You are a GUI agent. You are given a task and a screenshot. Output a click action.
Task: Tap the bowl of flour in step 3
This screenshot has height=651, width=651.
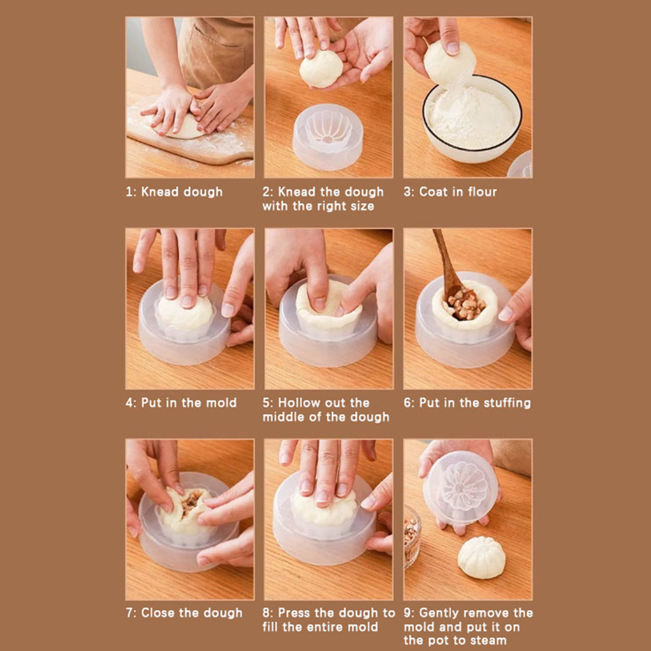(x=472, y=119)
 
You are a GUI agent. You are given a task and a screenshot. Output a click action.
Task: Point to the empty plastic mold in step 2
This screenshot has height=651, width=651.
(x=328, y=137)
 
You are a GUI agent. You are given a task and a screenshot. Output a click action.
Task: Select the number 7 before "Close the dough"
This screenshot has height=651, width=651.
(x=129, y=613)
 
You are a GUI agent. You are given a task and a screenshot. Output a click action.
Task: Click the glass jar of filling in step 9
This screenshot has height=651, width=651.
(x=412, y=537)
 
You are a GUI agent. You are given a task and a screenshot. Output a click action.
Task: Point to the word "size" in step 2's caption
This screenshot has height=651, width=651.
(x=362, y=206)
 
